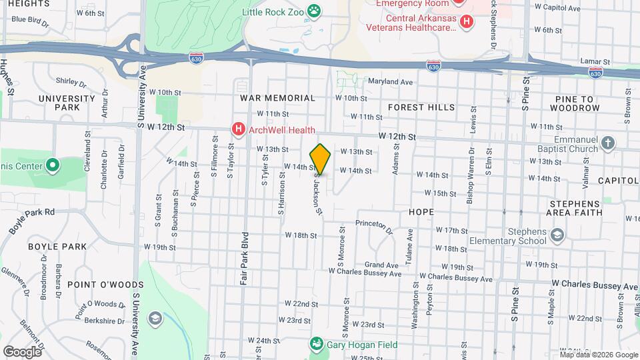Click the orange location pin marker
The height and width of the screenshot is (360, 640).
320,159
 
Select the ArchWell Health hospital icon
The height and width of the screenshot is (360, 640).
237,129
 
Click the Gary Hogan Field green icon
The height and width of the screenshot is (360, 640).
315,344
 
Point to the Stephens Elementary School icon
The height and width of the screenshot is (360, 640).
557,235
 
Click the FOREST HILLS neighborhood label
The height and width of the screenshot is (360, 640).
421,107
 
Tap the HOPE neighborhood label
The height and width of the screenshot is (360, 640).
421,212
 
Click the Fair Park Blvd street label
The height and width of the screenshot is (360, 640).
245,259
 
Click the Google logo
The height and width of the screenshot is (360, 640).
22,351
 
